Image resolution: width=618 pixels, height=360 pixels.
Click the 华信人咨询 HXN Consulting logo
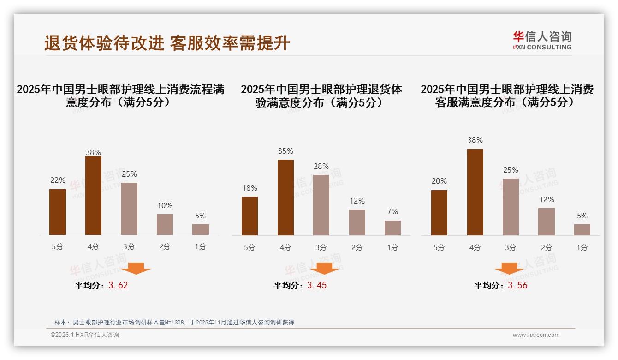click(541, 40)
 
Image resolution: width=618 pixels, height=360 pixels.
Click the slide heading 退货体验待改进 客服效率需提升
click(167, 43)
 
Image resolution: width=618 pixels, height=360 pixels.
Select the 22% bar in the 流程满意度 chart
click(58, 212)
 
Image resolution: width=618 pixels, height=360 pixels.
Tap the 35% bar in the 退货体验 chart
click(285, 197)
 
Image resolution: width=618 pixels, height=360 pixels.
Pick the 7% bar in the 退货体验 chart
click(392, 228)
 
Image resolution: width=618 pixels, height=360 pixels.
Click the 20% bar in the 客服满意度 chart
click(439, 212)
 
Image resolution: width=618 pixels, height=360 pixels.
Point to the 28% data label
click(321, 166)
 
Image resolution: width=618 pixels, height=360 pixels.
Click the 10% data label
click(165, 205)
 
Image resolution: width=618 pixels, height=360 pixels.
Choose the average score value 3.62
click(118, 285)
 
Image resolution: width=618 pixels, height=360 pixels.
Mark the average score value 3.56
click(517, 285)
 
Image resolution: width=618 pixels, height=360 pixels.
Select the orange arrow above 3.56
click(509, 268)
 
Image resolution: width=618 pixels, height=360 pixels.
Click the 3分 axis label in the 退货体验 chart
click(321, 247)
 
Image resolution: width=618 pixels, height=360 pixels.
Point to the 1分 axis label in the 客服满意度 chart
click(582, 247)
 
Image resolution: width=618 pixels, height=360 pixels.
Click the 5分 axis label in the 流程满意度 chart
click(58, 247)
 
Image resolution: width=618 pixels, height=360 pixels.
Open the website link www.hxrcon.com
click(536, 335)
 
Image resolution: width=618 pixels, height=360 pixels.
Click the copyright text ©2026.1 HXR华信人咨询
click(85, 335)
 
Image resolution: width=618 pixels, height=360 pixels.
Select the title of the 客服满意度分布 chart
click(507, 96)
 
